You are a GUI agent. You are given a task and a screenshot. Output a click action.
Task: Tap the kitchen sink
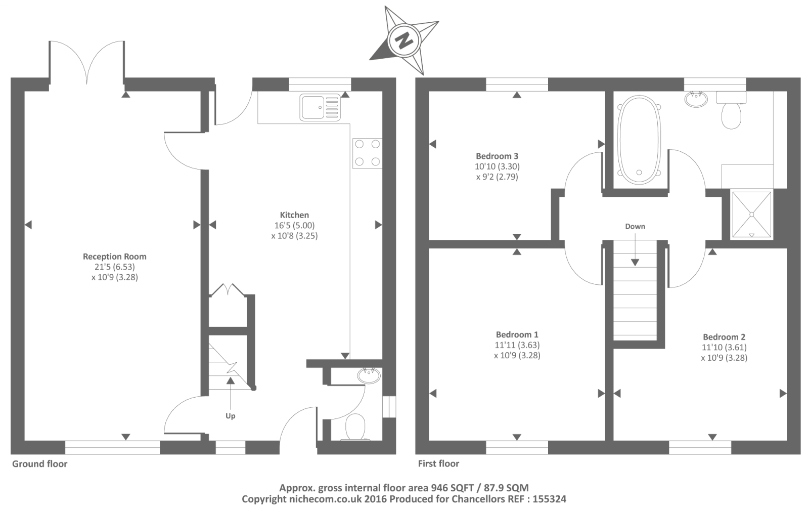click(x=320, y=107)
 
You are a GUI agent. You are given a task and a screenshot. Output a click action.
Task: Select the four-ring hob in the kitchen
click(x=367, y=153)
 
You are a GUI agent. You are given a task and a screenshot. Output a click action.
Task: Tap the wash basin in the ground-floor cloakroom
click(x=369, y=375)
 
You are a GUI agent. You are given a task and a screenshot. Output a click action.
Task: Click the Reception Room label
click(x=114, y=257)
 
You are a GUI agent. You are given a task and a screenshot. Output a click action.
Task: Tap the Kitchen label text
click(x=294, y=215)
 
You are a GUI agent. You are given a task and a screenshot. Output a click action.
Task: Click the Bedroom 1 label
click(x=517, y=334)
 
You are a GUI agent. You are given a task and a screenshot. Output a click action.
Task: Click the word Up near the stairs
click(x=230, y=416)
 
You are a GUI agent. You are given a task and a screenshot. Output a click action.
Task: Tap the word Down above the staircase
click(x=635, y=226)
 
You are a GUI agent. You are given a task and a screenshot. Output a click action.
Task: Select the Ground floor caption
click(x=39, y=463)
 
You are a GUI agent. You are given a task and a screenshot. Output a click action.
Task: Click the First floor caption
click(x=439, y=463)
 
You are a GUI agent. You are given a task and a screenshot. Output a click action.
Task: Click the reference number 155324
click(x=550, y=499)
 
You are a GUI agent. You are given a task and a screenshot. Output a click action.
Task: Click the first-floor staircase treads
click(x=635, y=304)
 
